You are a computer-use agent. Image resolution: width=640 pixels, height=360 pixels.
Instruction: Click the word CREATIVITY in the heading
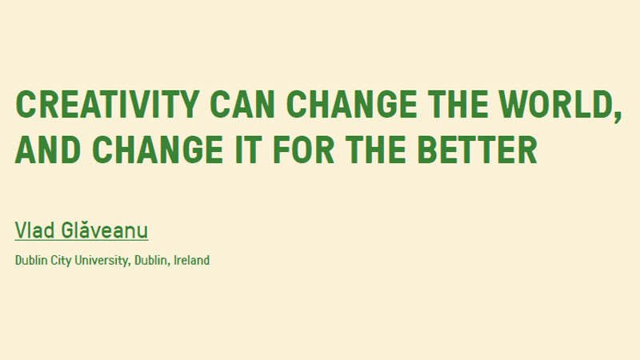[107, 105]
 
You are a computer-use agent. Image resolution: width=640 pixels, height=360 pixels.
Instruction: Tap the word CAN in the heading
[242, 105]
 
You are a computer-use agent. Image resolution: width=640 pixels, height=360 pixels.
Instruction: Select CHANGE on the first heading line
[351, 105]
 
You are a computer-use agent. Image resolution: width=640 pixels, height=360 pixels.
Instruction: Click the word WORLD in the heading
[554, 105]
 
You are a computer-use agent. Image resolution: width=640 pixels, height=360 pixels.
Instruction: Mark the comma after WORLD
[617, 116]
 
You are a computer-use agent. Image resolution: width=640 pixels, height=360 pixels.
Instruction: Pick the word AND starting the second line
[48, 150]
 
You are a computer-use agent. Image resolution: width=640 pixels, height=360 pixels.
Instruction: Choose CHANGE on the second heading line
[158, 150]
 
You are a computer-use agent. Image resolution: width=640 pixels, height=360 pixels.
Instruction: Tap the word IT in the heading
[248, 150]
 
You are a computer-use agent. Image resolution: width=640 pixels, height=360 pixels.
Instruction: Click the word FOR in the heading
[303, 150]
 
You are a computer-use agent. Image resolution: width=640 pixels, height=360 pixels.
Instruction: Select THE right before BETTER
[375, 150]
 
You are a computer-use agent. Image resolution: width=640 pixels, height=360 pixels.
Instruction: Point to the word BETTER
[477, 150]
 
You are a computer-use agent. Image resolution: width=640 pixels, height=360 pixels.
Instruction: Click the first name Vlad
[34, 230]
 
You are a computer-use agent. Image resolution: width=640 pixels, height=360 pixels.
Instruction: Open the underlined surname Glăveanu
[105, 230]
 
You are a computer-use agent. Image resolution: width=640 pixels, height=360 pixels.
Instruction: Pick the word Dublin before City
[31, 260]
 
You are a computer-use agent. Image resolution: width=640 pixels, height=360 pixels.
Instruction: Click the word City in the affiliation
[61, 261]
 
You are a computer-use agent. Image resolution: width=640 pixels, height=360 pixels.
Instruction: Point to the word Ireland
[192, 260]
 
